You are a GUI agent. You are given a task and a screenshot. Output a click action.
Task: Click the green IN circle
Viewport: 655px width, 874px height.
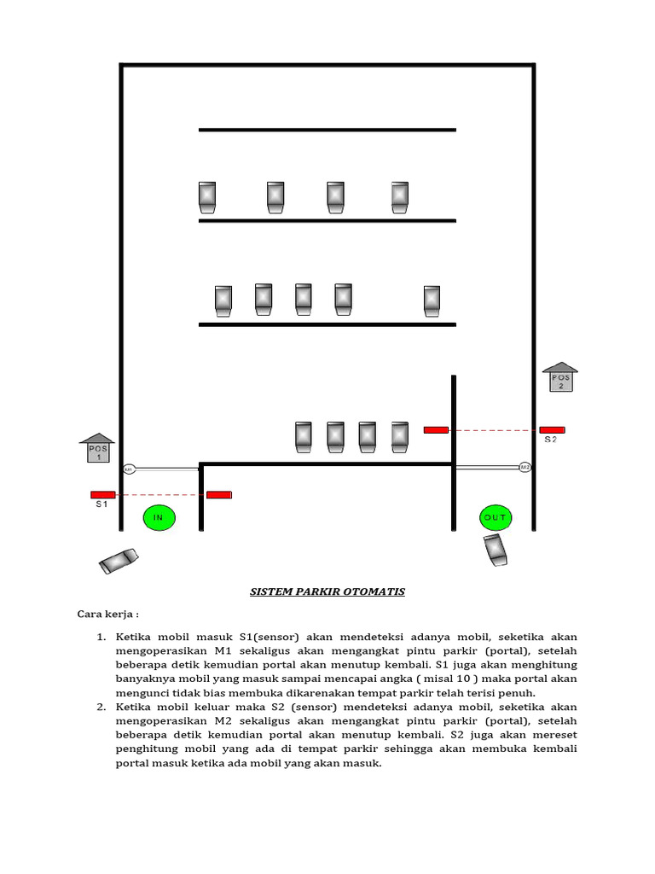click(158, 517)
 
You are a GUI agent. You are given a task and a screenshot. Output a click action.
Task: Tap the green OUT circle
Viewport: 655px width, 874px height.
click(496, 517)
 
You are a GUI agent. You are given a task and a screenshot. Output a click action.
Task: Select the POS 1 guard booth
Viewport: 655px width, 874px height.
click(98, 448)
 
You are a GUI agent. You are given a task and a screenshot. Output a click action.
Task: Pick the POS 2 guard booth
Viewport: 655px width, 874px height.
click(560, 377)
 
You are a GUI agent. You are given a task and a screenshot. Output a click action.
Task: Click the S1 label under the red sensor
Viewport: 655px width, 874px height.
click(101, 505)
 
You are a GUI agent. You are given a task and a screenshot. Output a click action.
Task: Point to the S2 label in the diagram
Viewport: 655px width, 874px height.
click(551, 440)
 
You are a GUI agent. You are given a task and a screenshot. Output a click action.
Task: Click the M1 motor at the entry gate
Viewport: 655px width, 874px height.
click(130, 469)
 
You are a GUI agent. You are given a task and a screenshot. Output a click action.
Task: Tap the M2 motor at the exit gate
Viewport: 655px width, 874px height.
click(525, 467)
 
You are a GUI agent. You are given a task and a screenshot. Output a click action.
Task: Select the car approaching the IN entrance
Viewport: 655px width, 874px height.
click(119, 560)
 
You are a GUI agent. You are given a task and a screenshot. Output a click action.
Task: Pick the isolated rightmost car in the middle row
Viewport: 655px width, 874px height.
click(432, 300)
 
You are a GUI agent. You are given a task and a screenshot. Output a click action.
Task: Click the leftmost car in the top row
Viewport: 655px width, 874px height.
click(207, 196)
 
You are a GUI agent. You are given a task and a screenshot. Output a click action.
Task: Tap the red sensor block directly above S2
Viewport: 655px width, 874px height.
click(551, 430)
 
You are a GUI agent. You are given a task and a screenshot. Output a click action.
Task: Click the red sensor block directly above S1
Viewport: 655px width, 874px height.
click(103, 494)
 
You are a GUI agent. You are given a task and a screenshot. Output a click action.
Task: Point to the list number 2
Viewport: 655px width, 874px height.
click(100, 707)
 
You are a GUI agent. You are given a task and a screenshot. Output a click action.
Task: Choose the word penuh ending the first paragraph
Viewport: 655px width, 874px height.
click(519, 692)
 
